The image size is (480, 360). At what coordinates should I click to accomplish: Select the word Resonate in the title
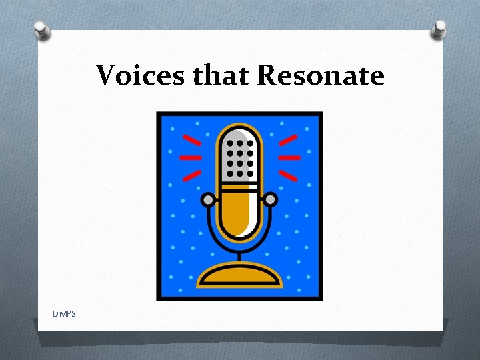tap(321, 75)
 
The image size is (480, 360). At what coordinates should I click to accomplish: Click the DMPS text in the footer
tap(66, 313)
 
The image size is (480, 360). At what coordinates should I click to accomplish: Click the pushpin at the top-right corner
tap(439, 29)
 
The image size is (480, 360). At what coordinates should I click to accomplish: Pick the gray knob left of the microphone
tap(208, 199)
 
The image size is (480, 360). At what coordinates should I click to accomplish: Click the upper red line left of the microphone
tap(192, 140)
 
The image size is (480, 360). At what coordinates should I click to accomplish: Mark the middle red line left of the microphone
tap(191, 158)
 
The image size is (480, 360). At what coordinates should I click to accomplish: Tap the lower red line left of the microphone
tap(192, 175)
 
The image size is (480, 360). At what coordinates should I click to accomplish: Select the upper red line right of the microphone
tap(288, 140)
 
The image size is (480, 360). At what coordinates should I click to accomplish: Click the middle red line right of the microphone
tap(289, 158)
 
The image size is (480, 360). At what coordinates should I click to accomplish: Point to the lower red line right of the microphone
tap(288, 175)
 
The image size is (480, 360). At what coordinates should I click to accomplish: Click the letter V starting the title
tap(105, 75)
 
